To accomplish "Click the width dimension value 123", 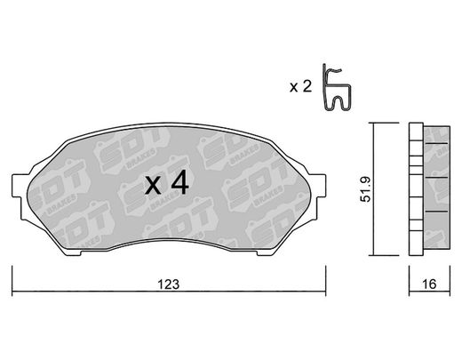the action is coord(169,284).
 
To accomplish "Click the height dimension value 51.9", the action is coord(365,189).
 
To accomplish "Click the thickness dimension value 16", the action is coord(429,284).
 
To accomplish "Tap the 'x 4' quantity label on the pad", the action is coord(167,184).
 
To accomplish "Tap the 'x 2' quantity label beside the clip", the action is coord(300,87).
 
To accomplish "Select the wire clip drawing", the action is coord(337,88).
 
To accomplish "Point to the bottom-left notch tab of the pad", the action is coord(73,252).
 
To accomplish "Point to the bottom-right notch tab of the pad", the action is coord(265,252).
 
